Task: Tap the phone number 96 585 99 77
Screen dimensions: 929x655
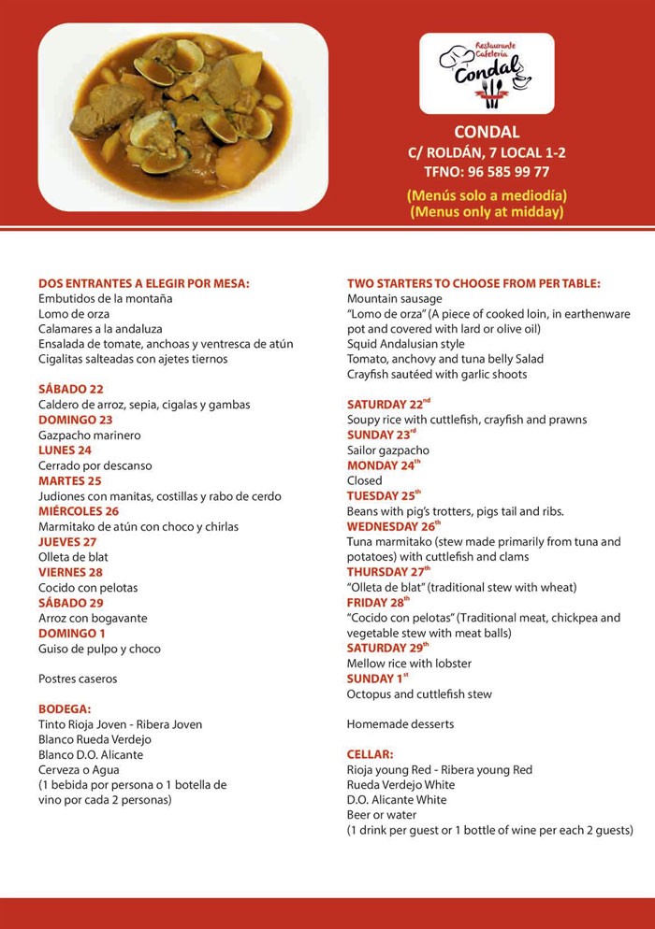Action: pyautogui.click(x=487, y=172)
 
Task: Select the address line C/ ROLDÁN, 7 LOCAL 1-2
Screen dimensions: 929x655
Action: pyautogui.click(x=487, y=152)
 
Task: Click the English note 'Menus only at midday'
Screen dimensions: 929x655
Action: pyautogui.click(x=487, y=212)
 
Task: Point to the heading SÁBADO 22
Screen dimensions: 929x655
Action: pyautogui.click(x=71, y=390)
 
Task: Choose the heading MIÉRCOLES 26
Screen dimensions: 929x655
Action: pyautogui.click(x=79, y=511)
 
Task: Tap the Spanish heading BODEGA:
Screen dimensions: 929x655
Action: pyautogui.click(x=65, y=709)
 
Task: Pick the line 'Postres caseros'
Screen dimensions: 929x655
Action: pyautogui.click(x=78, y=679)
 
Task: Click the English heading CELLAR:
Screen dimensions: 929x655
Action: pyautogui.click(x=370, y=754)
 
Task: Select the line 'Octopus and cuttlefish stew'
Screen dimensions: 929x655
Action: pyautogui.click(x=419, y=694)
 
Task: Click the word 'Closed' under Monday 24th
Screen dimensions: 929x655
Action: pyautogui.click(x=365, y=480)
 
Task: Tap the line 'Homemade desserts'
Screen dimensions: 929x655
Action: pyautogui.click(x=400, y=724)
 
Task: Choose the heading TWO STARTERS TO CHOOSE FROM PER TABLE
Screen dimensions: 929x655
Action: pyautogui.click(x=473, y=283)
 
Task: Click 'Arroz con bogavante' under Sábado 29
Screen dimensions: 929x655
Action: pyautogui.click(x=93, y=619)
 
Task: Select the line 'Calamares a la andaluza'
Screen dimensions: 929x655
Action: pyautogui.click(x=100, y=329)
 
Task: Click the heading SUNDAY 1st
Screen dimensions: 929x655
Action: pyautogui.click(x=378, y=679)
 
